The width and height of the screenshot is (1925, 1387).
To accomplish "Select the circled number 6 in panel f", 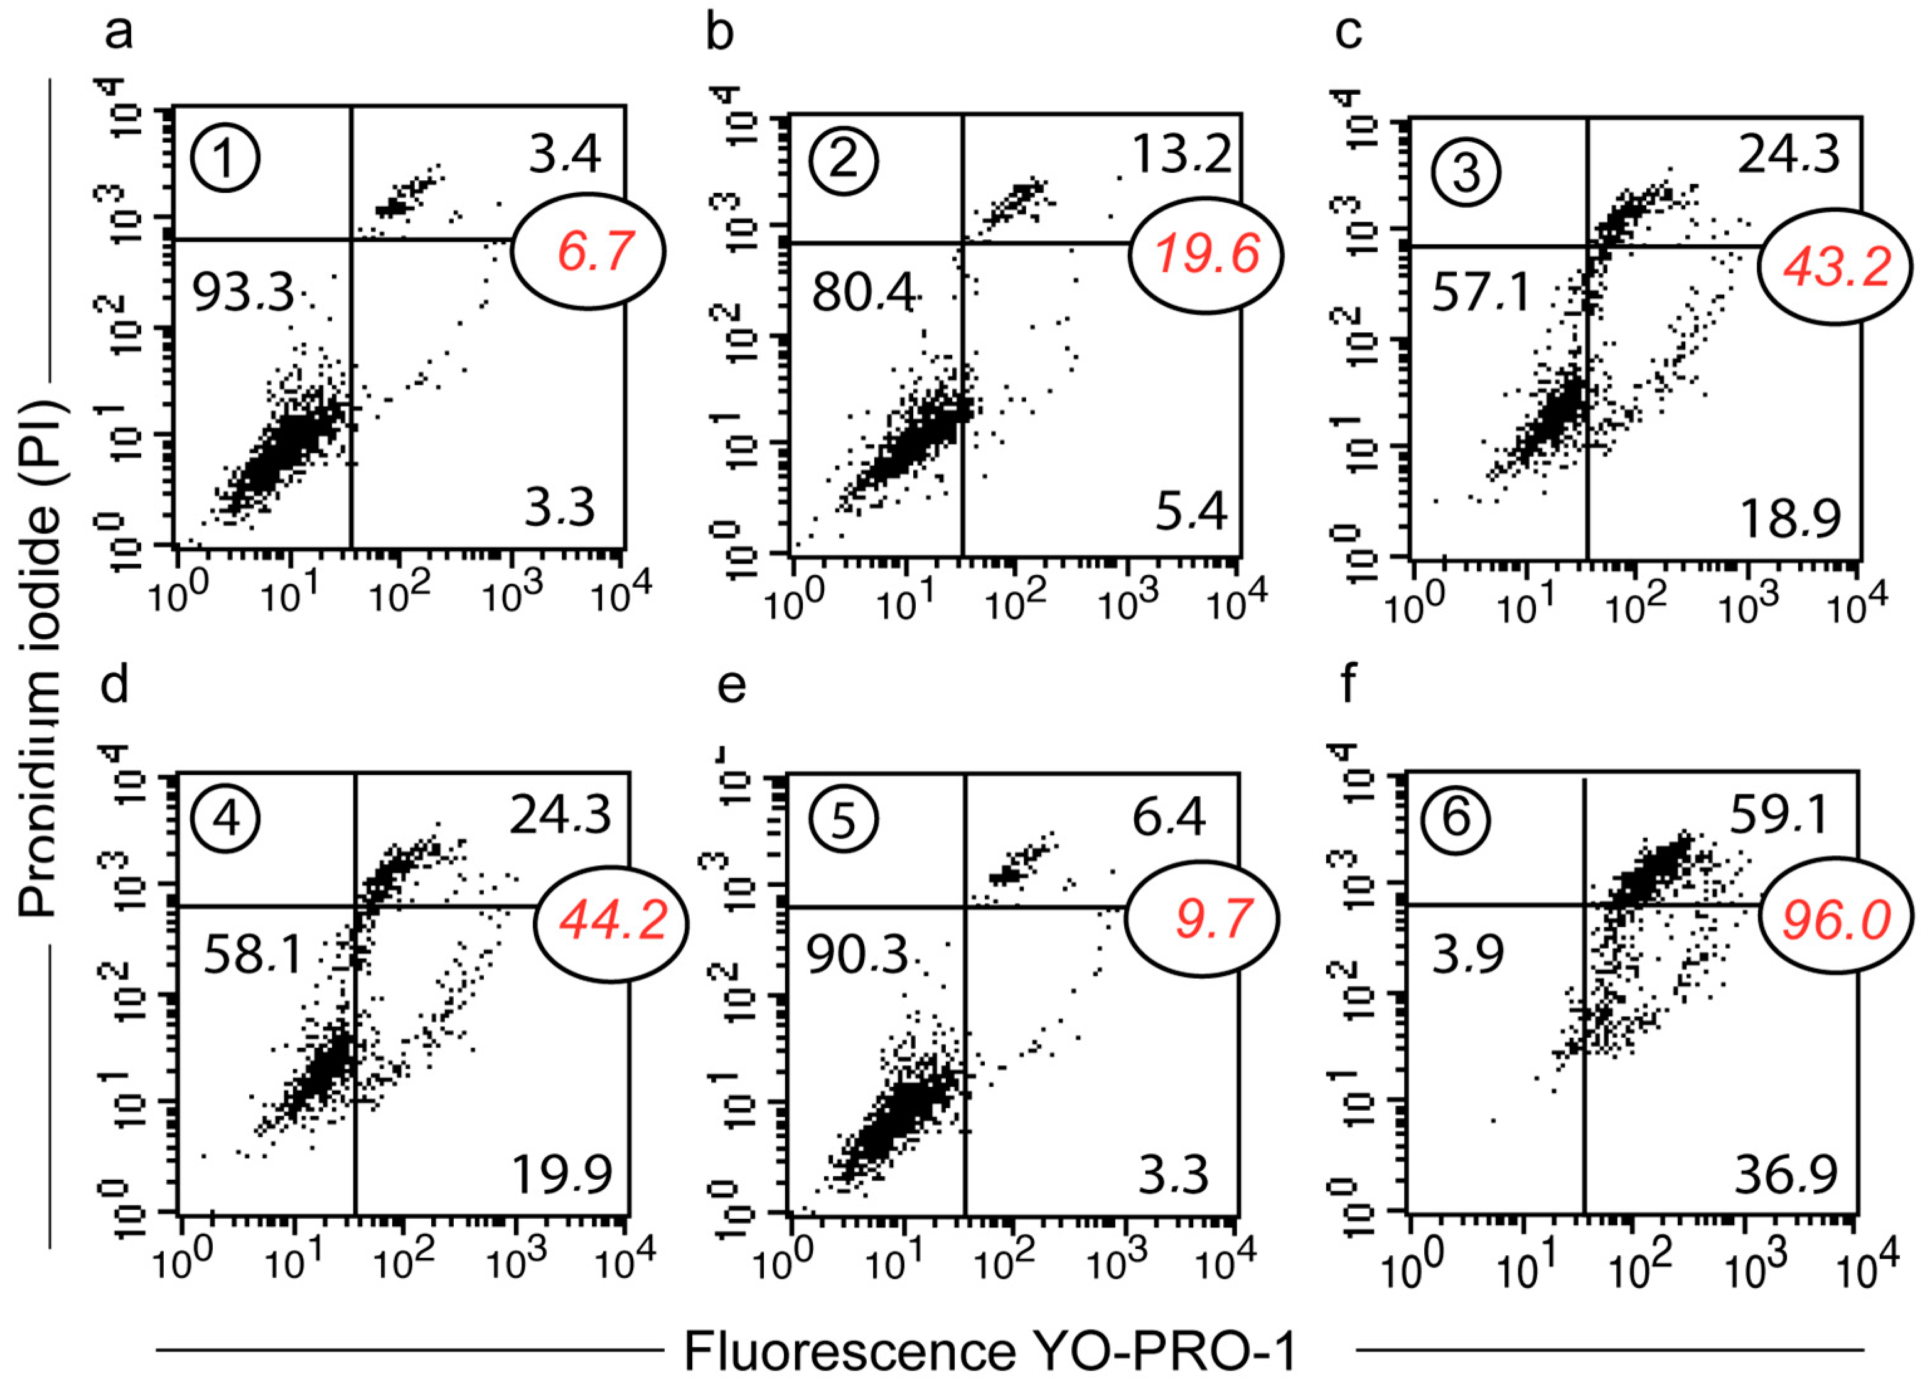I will [1457, 818].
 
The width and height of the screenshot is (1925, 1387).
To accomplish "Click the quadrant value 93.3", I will [243, 294].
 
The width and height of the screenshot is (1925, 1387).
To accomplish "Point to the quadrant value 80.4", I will [863, 294].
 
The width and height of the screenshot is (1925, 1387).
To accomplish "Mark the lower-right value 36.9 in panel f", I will [1786, 1175].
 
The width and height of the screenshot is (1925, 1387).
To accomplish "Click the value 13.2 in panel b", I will [1181, 155].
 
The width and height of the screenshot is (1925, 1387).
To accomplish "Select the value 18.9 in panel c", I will [1789, 519].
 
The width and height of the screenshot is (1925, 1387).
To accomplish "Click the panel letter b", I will [720, 34].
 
